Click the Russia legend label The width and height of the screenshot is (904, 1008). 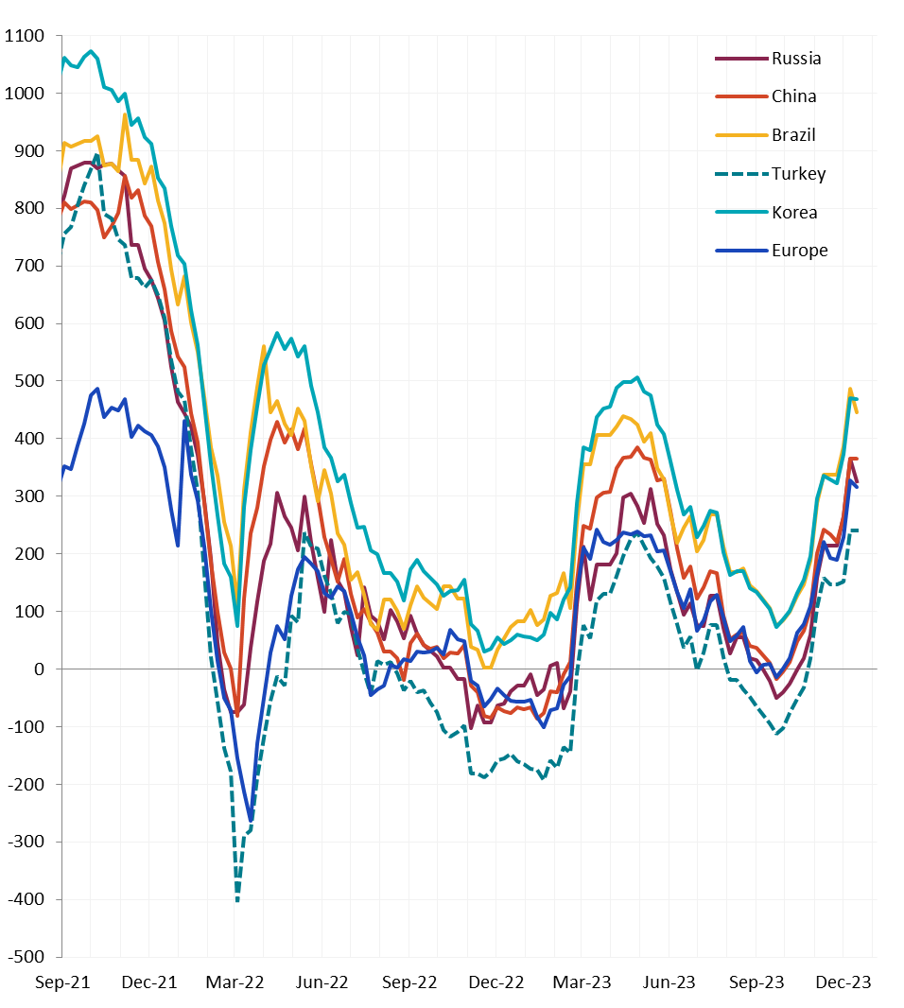(796, 59)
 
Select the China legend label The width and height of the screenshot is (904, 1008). (793, 96)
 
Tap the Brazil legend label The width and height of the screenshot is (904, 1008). (793, 135)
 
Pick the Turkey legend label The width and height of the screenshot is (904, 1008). (798, 174)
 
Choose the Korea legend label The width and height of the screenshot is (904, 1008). (794, 213)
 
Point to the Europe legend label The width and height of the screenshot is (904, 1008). (799, 251)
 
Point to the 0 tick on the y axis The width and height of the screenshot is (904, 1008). (39, 669)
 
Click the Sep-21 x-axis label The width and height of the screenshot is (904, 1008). (61, 983)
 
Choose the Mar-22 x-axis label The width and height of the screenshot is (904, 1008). (235, 983)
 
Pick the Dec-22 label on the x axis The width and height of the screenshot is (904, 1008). (495, 983)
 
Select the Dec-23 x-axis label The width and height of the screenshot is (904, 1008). (843, 983)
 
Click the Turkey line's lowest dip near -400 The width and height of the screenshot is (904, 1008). (237, 900)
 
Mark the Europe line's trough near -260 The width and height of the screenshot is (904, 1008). (252, 820)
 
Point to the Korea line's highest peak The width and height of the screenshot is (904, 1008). (92, 51)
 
